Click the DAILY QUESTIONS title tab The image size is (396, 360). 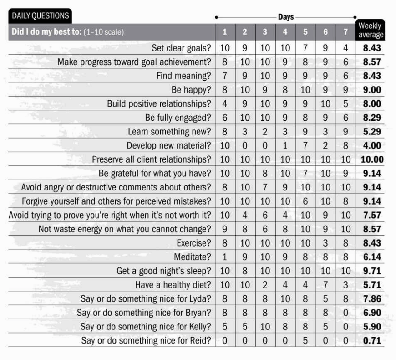(x=41, y=16)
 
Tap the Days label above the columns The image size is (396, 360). (x=286, y=17)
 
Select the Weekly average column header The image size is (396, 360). (x=371, y=30)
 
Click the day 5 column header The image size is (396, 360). (x=305, y=32)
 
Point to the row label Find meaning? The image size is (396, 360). (x=183, y=76)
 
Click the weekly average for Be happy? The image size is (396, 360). (x=372, y=90)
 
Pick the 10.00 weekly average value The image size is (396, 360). (x=372, y=159)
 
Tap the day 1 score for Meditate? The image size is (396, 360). (x=225, y=257)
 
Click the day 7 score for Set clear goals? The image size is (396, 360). (x=345, y=48)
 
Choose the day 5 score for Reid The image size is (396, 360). (x=305, y=340)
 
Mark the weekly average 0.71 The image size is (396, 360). (x=372, y=340)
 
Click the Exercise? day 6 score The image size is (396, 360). (x=325, y=243)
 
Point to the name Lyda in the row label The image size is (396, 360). (x=200, y=299)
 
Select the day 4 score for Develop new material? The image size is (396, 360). (x=285, y=145)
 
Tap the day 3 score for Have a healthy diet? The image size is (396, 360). (x=265, y=285)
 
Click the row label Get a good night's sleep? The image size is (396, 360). (x=164, y=271)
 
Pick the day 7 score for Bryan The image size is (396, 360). (x=345, y=313)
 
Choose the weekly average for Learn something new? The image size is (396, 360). (x=372, y=132)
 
